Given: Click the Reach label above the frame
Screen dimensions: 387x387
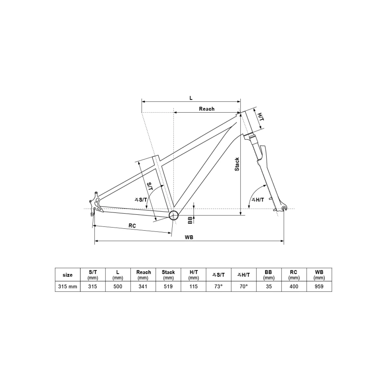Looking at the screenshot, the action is click(207, 109).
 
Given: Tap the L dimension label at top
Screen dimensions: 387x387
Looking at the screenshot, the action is click(191, 98).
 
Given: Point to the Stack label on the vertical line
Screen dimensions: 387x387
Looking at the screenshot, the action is click(237, 164).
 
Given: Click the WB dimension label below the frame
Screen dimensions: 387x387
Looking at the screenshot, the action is click(189, 237).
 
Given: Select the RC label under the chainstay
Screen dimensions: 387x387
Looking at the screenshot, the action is click(132, 226).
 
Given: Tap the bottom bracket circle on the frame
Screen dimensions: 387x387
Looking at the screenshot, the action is click(174, 215).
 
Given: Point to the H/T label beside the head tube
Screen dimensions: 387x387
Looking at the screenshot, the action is click(261, 117).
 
